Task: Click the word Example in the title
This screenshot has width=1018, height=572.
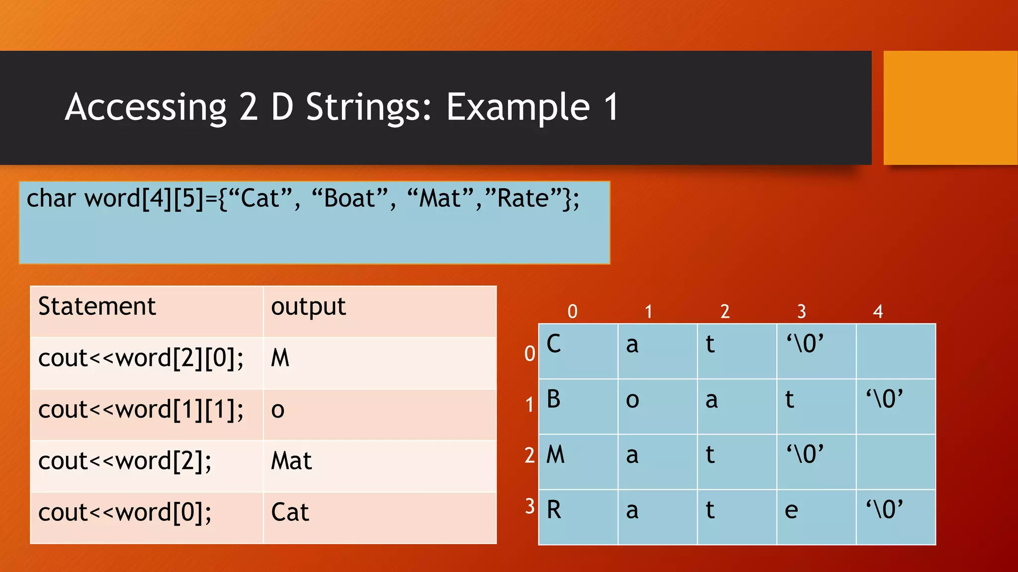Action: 517,107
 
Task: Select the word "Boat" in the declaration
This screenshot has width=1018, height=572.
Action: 350,199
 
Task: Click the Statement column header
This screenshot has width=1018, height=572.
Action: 97,306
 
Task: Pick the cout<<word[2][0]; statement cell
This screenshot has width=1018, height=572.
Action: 141,358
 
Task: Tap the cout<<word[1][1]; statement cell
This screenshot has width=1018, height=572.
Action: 141,410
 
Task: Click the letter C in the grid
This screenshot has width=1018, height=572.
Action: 554,344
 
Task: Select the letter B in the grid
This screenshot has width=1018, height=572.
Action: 554,399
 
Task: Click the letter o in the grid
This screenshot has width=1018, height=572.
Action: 632,400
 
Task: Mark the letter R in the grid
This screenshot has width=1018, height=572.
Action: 554,510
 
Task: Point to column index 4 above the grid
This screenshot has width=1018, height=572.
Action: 878,312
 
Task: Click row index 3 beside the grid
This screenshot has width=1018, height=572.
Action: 530,506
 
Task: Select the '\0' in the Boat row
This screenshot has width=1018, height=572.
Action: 884,399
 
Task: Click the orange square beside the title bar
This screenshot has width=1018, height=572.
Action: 950,108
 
